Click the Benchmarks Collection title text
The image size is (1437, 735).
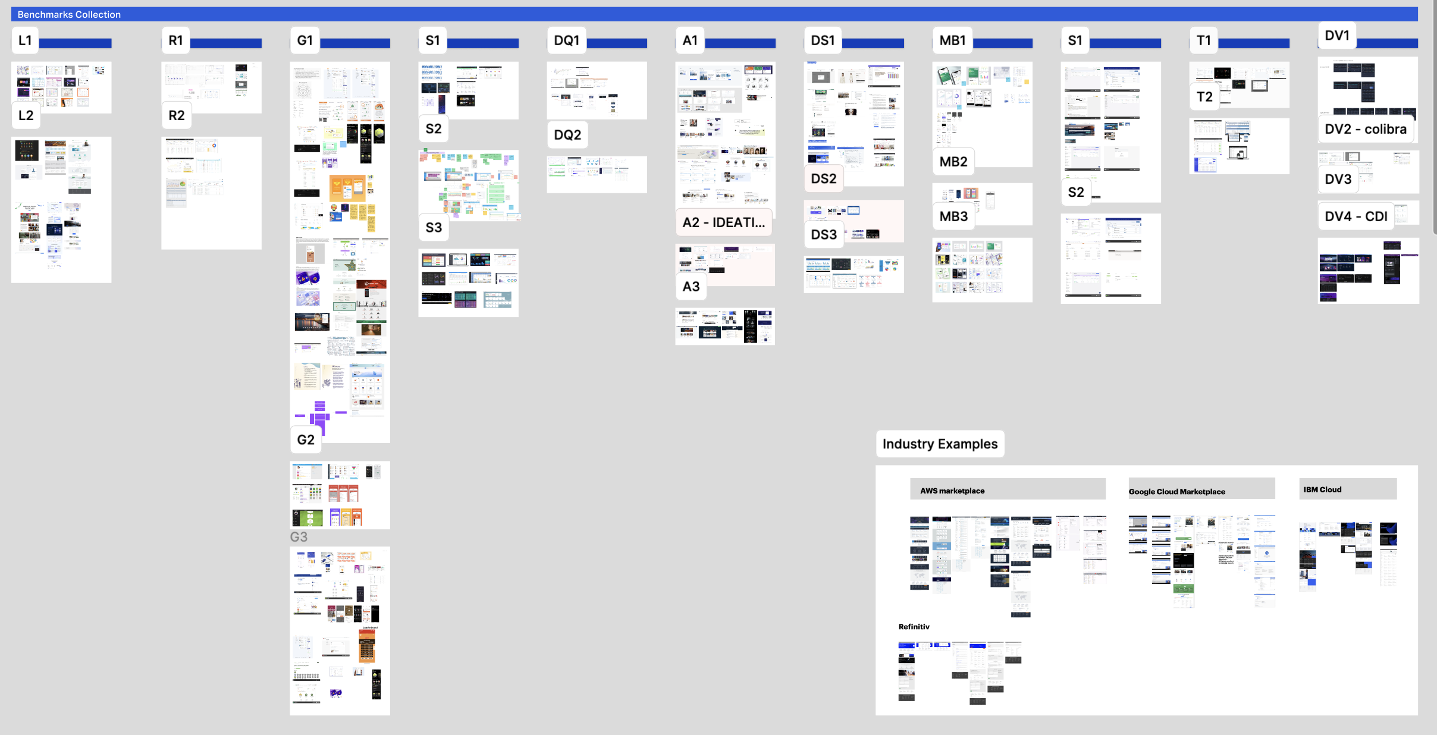point(69,14)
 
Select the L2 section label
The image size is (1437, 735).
point(26,115)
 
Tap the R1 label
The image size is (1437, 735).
point(175,40)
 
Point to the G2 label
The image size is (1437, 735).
point(306,439)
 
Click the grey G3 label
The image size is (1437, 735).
point(299,537)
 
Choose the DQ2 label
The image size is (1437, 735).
point(567,135)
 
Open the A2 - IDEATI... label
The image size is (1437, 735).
point(723,222)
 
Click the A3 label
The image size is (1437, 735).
point(691,287)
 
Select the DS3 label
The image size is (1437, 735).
point(824,234)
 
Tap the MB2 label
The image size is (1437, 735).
point(953,162)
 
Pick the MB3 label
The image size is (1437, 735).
point(953,216)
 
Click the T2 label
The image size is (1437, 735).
point(1204,97)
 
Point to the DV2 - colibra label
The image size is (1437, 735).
point(1366,129)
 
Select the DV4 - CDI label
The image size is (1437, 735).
point(1356,216)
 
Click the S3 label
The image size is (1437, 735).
point(434,227)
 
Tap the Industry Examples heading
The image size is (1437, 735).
point(940,444)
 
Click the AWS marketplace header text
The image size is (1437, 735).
point(952,491)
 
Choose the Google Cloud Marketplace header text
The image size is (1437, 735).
point(1176,492)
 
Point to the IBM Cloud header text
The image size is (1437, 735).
point(1322,489)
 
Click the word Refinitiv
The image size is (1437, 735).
point(914,627)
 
